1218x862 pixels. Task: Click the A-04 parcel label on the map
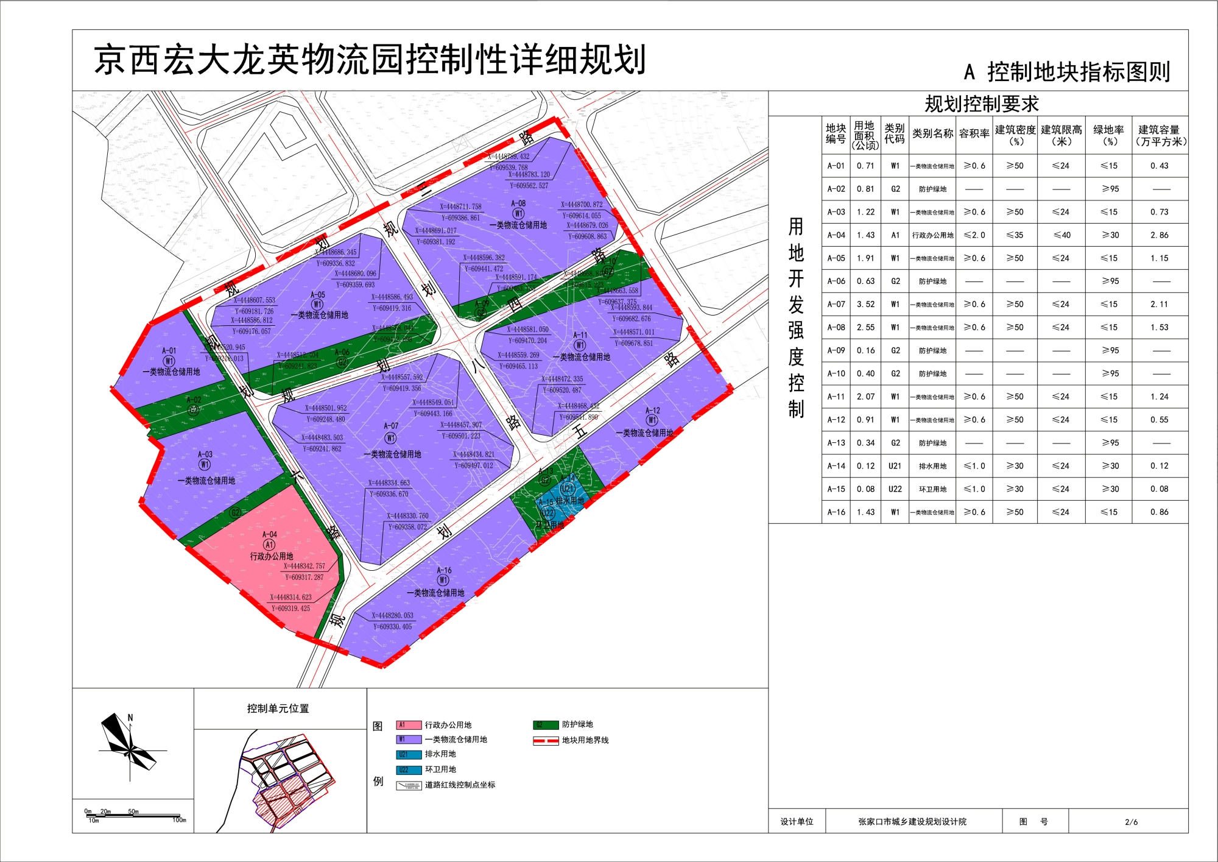pyautogui.click(x=269, y=534)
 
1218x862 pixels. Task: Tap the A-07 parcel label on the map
pyautogui.click(x=391, y=426)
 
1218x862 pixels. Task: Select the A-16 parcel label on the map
pyautogui.click(x=444, y=571)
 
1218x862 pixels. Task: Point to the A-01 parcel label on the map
pyautogui.click(x=169, y=351)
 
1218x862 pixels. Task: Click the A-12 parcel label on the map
pyautogui.click(x=652, y=411)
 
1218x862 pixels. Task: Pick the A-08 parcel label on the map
pyautogui.click(x=518, y=203)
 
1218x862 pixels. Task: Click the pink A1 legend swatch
pyautogui.click(x=409, y=725)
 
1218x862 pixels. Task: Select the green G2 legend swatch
pyautogui.click(x=546, y=725)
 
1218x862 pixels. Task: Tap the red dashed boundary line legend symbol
pyautogui.click(x=546, y=741)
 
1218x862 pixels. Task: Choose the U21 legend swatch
pyautogui.click(x=409, y=755)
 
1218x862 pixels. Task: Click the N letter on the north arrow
pyautogui.click(x=130, y=718)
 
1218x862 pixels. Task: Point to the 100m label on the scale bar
pyautogui.click(x=179, y=820)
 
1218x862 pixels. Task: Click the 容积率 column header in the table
pyautogui.click(x=974, y=134)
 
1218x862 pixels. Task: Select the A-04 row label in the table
pyautogui.click(x=836, y=235)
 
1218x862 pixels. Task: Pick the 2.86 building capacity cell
pyautogui.click(x=1159, y=235)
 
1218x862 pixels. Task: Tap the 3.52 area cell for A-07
pyautogui.click(x=865, y=305)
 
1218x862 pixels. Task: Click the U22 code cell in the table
pyautogui.click(x=895, y=489)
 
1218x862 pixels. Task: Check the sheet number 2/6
pyautogui.click(x=1131, y=822)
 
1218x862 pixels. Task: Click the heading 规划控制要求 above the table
pyautogui.click(x=981, y=104)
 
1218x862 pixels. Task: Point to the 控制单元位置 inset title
pyautogui.click(x=278, y=708)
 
